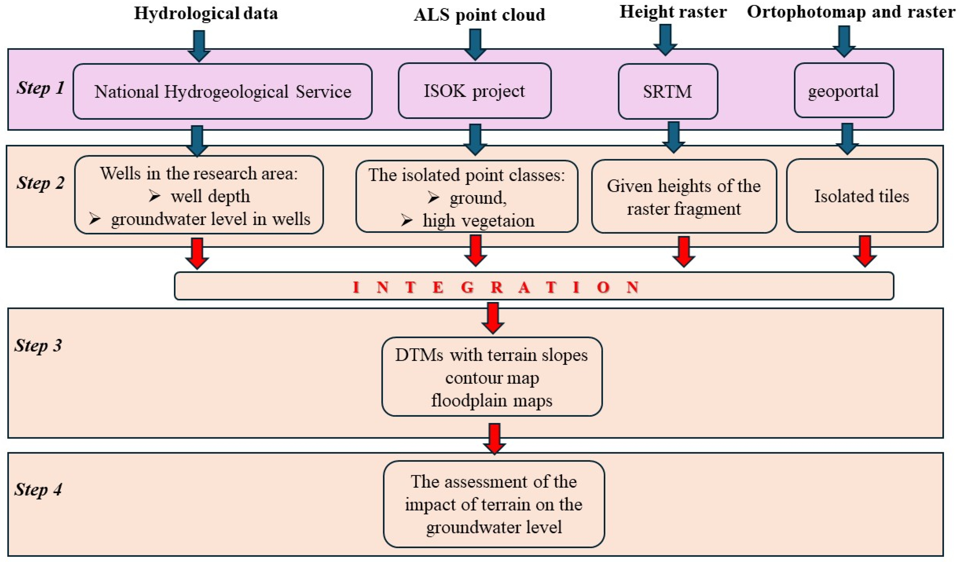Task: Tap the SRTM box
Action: coord(668,91)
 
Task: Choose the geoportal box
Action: coord(843,91)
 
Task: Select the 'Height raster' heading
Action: coord(673,12)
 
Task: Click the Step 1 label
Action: coord(40,88)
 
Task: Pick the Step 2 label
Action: coord(40,183)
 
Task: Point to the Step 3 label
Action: coord(38,346)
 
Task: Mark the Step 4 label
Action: coord(38,489)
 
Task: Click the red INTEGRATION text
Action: coord(496,287)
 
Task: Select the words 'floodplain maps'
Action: coord(491,401)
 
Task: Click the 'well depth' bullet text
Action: coord(210,196)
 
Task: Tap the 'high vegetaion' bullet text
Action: coord(478,220)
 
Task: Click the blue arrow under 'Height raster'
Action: coord(665,40)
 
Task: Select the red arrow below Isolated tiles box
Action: coord(864,251)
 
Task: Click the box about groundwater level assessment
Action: coord(494,504)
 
